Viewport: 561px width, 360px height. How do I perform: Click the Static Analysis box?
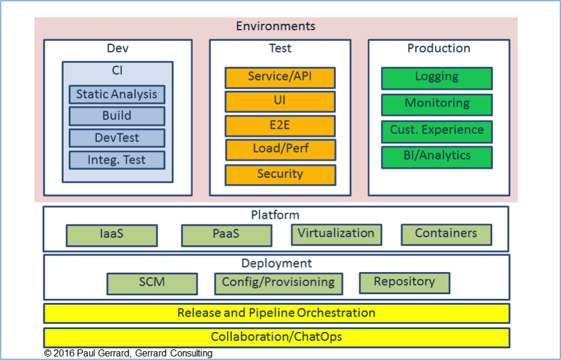pos(117,94)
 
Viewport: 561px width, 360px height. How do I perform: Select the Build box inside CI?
pos(117,116)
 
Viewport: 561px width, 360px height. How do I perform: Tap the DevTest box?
pos(117,138)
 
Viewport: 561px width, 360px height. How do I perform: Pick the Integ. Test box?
pos(117,160)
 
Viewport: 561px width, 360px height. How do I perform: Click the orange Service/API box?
pos(280,78)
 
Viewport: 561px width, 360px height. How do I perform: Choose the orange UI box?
pos(280,102)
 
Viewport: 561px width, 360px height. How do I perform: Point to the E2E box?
pos(280,126)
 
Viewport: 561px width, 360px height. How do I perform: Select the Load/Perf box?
pos(280,150)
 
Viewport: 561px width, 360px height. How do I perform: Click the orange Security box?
pos(280,175)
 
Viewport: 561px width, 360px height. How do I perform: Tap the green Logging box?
pos(437,78)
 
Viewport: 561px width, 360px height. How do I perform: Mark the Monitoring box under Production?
pos(437,105)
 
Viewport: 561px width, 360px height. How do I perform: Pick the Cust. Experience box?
pos(437,131)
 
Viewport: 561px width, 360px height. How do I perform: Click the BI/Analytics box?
pos(437,157)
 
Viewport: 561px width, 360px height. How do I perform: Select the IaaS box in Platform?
pos(112,235)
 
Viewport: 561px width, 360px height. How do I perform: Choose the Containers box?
pos(446,235)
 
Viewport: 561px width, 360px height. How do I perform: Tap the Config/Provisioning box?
pos(278,284)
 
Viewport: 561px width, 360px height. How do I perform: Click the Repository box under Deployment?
pos(404,283)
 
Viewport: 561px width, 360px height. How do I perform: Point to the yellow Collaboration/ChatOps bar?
pos(276,337)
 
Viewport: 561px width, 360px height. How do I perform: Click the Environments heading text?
pos(276,26)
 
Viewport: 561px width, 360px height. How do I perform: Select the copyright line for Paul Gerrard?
pos(128,353)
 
